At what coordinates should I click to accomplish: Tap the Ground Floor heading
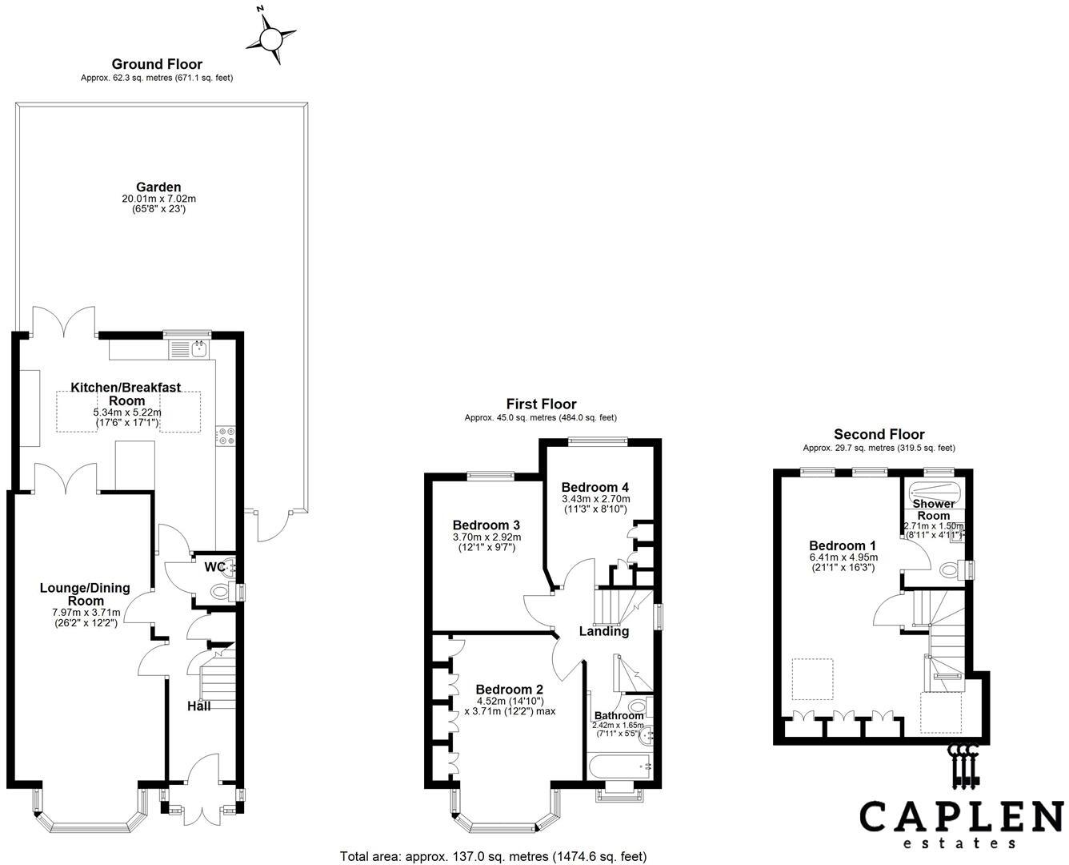coord(157,64)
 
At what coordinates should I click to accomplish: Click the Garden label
coord(158,187)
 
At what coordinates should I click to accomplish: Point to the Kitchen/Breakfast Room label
coord(126,393)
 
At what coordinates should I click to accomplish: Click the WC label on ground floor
coord(214,567)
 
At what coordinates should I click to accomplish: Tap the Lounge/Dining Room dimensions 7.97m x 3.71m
coord(85,613)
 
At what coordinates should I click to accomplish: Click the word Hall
coord(198,706)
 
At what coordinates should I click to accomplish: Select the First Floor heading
coord(541,404)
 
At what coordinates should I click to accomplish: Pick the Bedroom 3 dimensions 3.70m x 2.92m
coord(486,537)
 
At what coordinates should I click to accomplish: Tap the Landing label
coord(604,631)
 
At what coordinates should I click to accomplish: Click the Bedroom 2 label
coord(509,690)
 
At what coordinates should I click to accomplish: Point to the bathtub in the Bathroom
coord(620,766)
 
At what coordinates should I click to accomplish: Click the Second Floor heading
coord(879,434)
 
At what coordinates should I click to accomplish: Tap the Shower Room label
coord(934,509)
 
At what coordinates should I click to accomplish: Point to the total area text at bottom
coord(493,856)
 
